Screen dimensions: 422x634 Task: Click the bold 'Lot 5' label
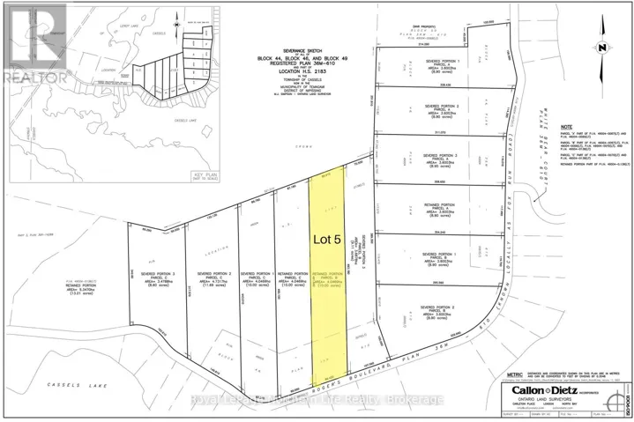pos(332,237)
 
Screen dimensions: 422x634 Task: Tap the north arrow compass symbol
pos(600,47)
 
